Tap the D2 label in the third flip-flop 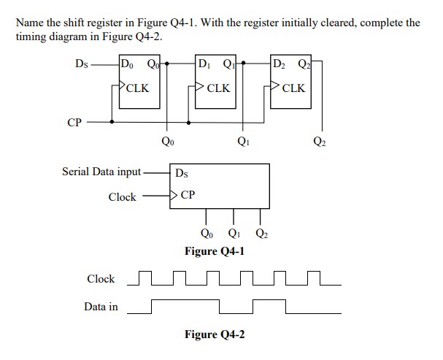tap(280, 64)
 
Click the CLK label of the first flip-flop tap(137, 89)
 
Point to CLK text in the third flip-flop tap(293, 89)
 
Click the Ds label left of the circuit tap(82, 64)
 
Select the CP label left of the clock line tap(74, 123)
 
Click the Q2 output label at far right tap(320, 140)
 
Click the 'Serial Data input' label tap(101, 172)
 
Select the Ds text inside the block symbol tap(183, 174)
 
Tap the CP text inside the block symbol tap(187, 195)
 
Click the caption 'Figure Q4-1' tap(215, 251)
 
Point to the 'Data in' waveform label tap(101, 307)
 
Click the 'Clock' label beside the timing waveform tap(101, 279)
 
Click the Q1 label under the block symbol tap(234, 234)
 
